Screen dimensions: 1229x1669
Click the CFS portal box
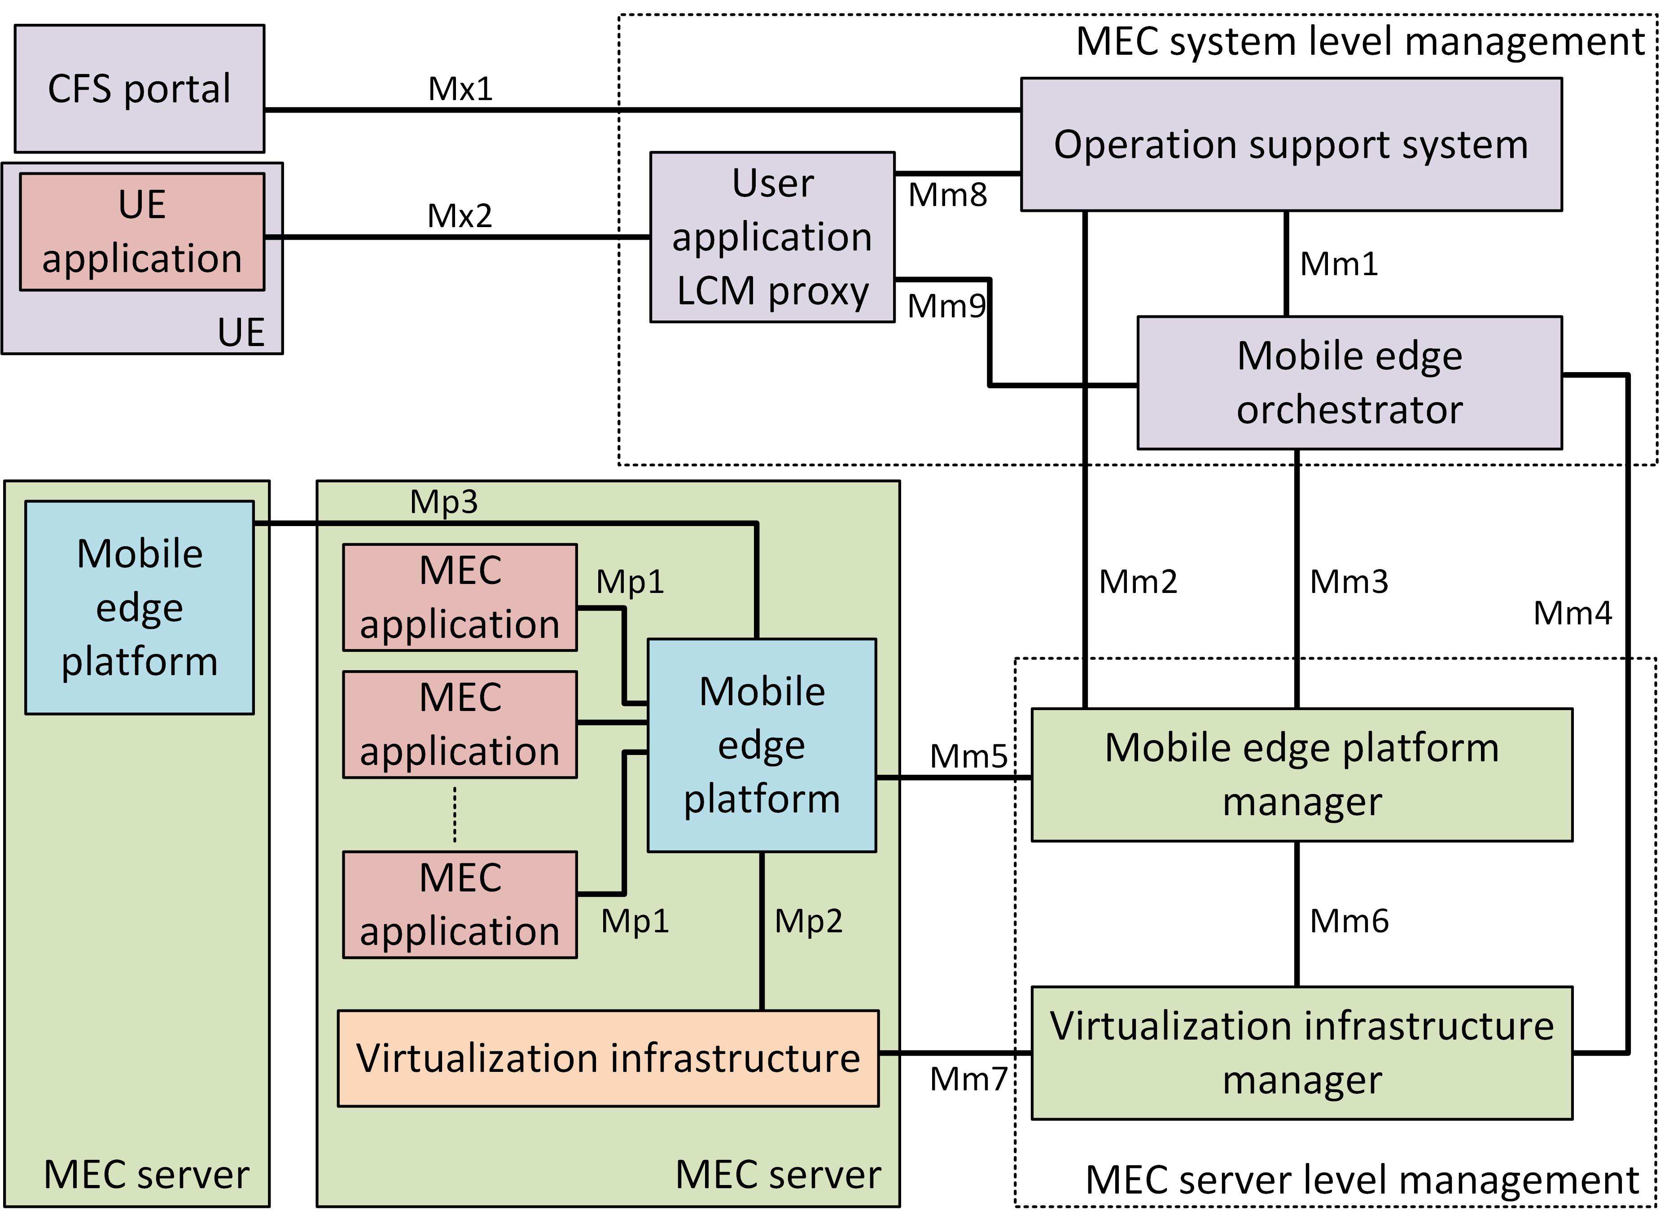pyautogui.click(x=139, y=88)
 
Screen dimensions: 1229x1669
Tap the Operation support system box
pyautogui.click(x=1290, y=145)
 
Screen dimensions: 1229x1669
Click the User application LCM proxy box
pyautogui.click(x=772, y=237)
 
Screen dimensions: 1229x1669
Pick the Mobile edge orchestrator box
pyautogui.click(x=1349, y=382)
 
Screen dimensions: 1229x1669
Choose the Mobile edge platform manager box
pyautogui.click(x=1301, y=774)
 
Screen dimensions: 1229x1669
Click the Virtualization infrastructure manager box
pyautogui.click(x=1301, y=1053)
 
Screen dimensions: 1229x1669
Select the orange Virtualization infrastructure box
pyautogui.click(x=608, y=1058)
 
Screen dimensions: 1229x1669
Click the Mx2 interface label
pyautogui.click(x=460, y=216)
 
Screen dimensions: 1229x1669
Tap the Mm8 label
pyautogui.click(x=947, y=195)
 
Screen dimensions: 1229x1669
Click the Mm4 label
pyautogui.click(x=1573, y=613)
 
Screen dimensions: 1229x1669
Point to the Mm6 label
pyautogui.click(x=1349, y=921)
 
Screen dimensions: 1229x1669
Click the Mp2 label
pyautogui.click(x=808, y=921)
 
